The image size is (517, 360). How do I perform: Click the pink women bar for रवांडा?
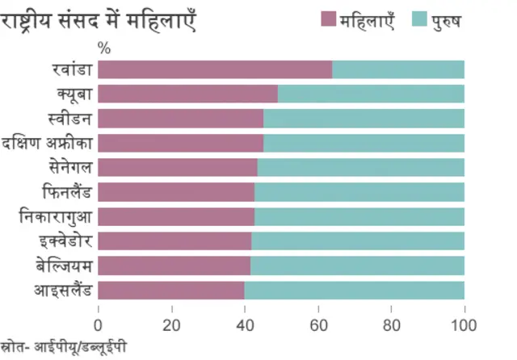[215, 69]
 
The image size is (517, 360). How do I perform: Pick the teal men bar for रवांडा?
[398, 69]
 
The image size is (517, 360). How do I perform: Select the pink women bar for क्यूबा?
[188, 94]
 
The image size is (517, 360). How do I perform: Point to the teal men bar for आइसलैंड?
[355, 291]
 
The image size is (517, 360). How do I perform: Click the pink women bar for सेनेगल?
[178, 168]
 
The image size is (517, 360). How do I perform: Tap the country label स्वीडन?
[71, 119]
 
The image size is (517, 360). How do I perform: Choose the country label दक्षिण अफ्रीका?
[48, 143]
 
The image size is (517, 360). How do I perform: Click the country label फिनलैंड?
[68, 192]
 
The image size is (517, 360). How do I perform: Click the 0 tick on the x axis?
[99, 325]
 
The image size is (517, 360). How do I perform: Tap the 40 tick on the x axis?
[245, 325]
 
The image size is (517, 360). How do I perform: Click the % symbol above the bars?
[103, 47]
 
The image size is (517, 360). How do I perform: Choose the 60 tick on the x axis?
[318, 325]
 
